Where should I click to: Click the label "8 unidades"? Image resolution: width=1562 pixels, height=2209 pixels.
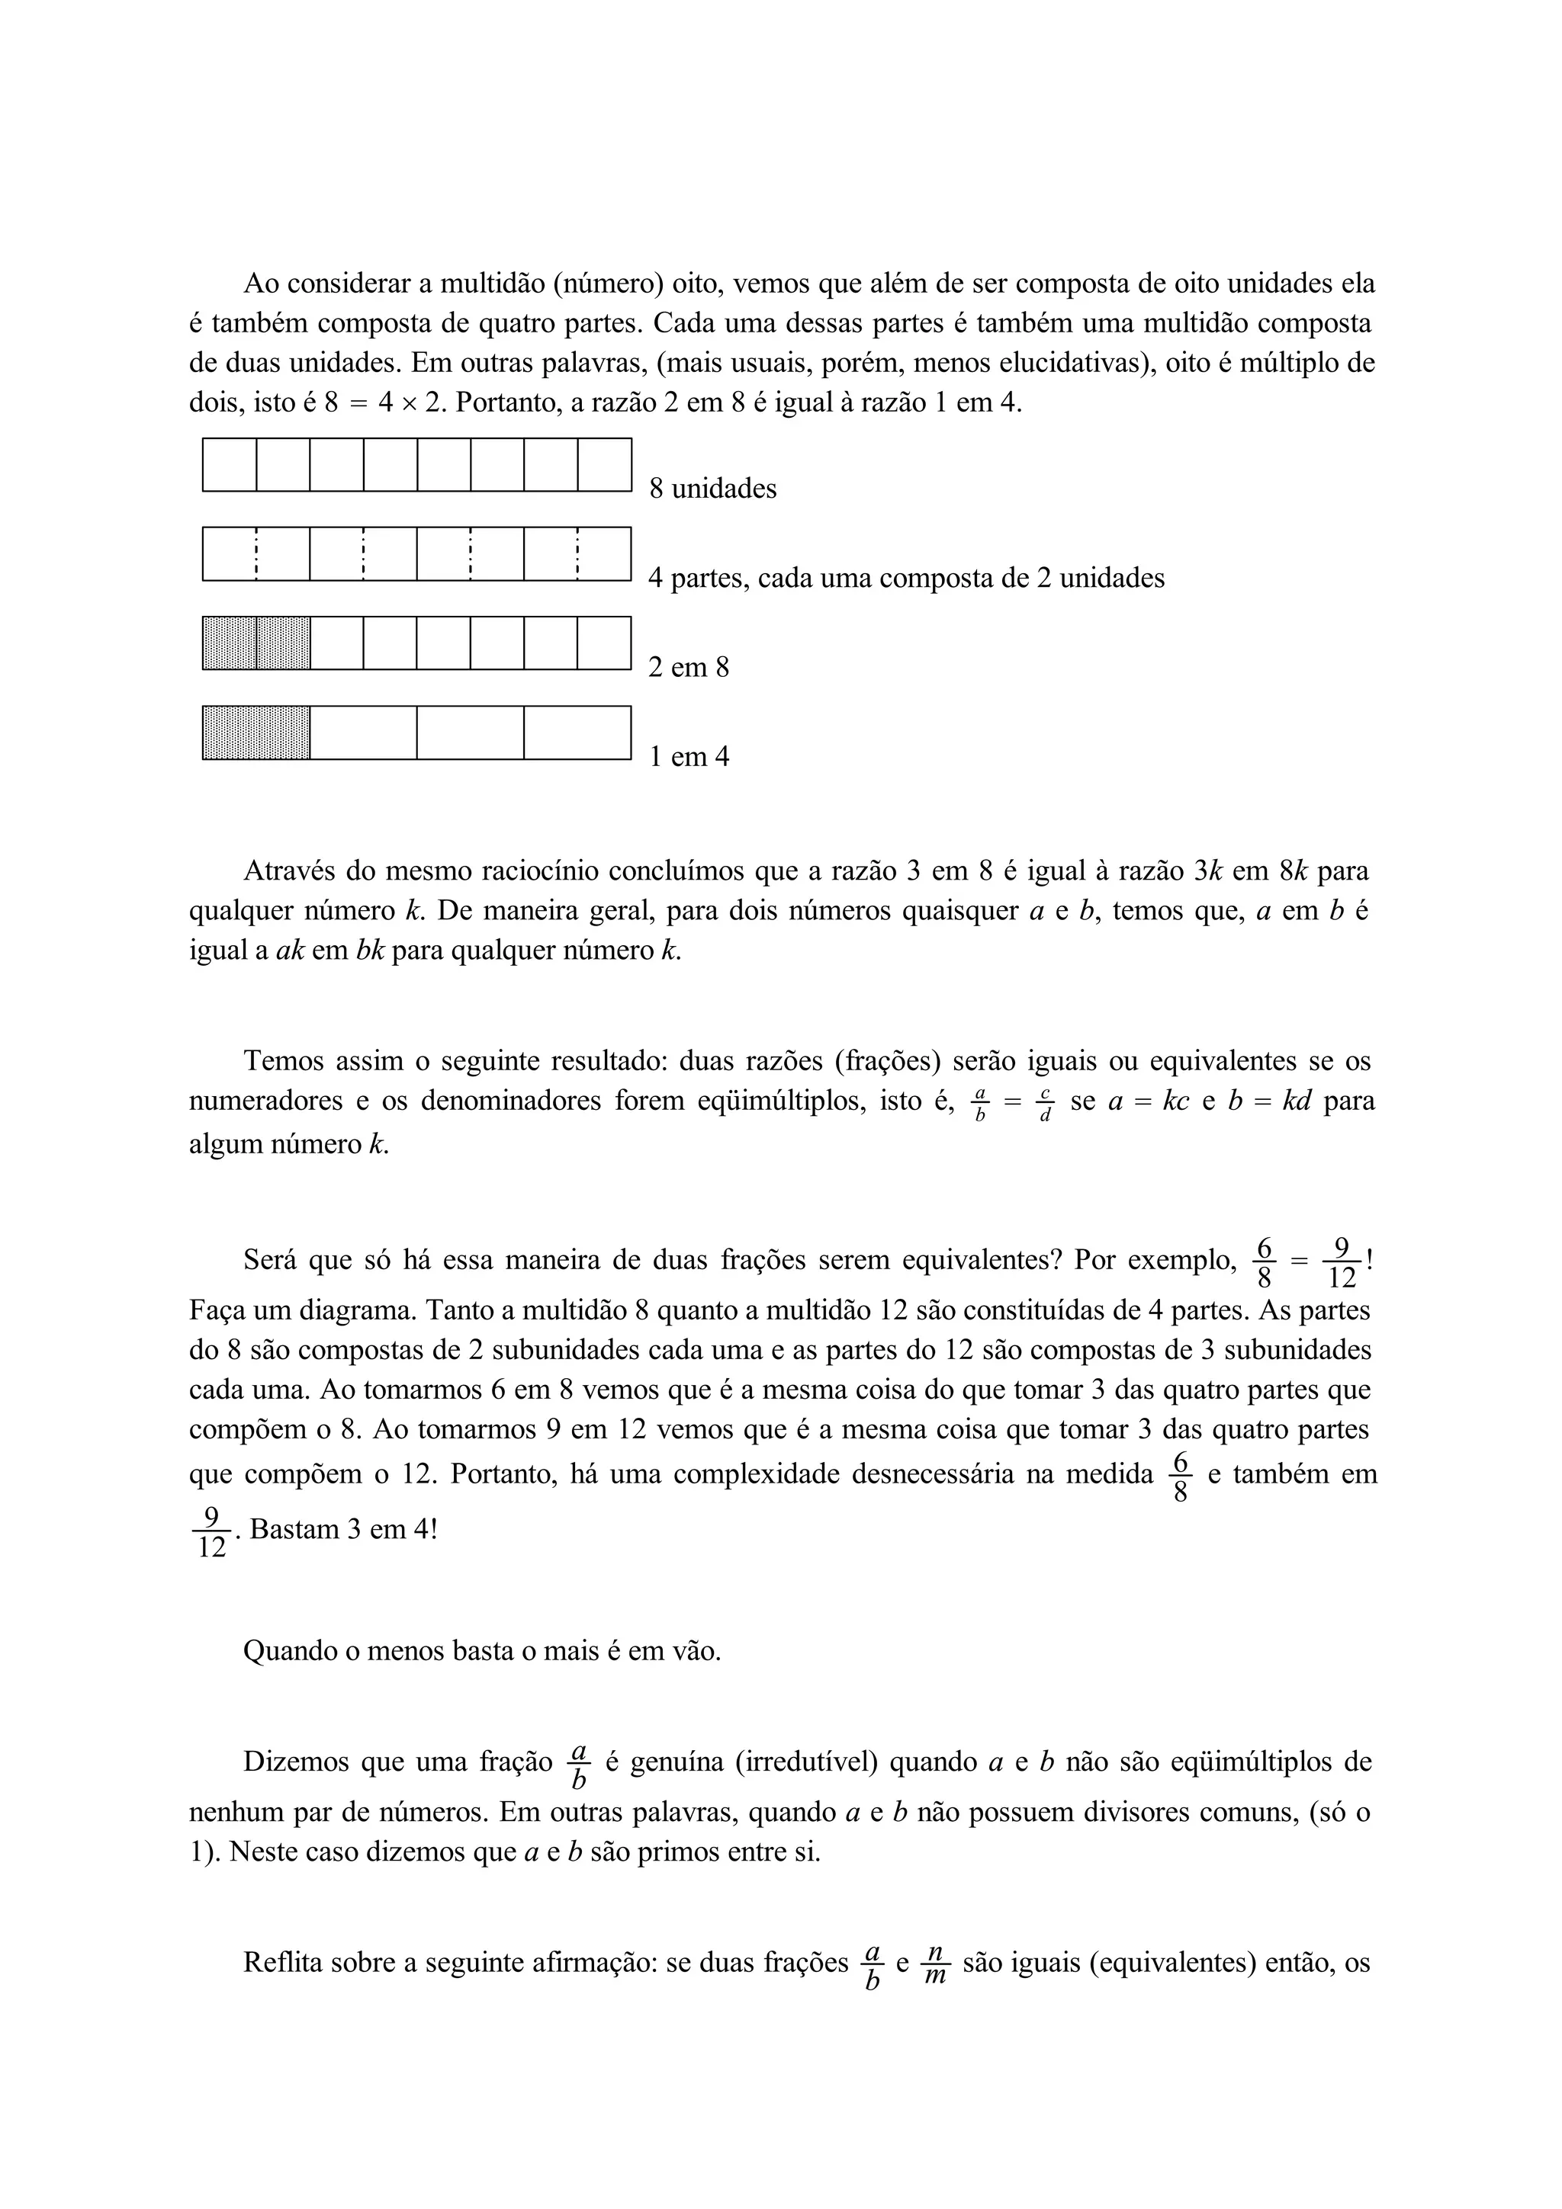click(x=712, y=489)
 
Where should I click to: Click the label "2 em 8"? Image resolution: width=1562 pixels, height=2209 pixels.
click(x=688, y=668)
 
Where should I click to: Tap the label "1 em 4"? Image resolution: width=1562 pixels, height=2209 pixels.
click(x=688, y=757)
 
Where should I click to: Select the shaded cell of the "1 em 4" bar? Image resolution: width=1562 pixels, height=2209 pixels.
click(x=256, y=733)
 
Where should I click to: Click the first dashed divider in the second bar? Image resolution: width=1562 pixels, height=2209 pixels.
click(x=256, y=554)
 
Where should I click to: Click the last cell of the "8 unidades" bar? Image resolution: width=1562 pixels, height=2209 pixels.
click(x=603, y=465)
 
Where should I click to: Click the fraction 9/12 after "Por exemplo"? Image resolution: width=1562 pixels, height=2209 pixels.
click(x=1341, y=1263)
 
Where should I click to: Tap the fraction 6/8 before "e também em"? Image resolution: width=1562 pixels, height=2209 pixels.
click(x=1181, y=1476)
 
